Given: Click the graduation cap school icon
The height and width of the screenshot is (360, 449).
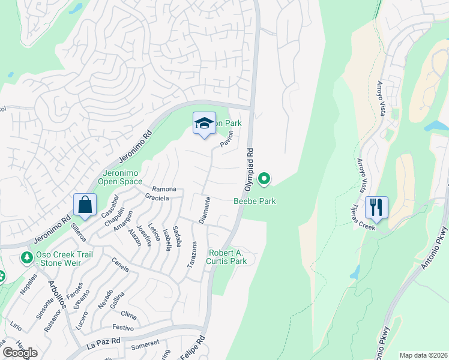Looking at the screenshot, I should click(x=204, y=124).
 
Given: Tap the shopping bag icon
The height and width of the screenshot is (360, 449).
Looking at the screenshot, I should click(x=85, y=205).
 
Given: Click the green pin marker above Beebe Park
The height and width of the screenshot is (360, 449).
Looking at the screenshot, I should click(x=264, y=179).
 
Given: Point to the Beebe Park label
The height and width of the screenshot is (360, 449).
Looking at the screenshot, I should click(x=255, y=201).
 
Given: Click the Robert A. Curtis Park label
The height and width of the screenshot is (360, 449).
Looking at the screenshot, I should click(x=227, y=257).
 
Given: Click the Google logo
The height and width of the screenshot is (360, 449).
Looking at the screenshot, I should click(x=20, y=353).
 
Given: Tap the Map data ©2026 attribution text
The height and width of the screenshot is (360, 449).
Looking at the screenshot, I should click(x=423, y=355).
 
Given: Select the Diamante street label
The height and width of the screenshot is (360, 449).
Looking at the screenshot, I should click(x=205, y=210).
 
